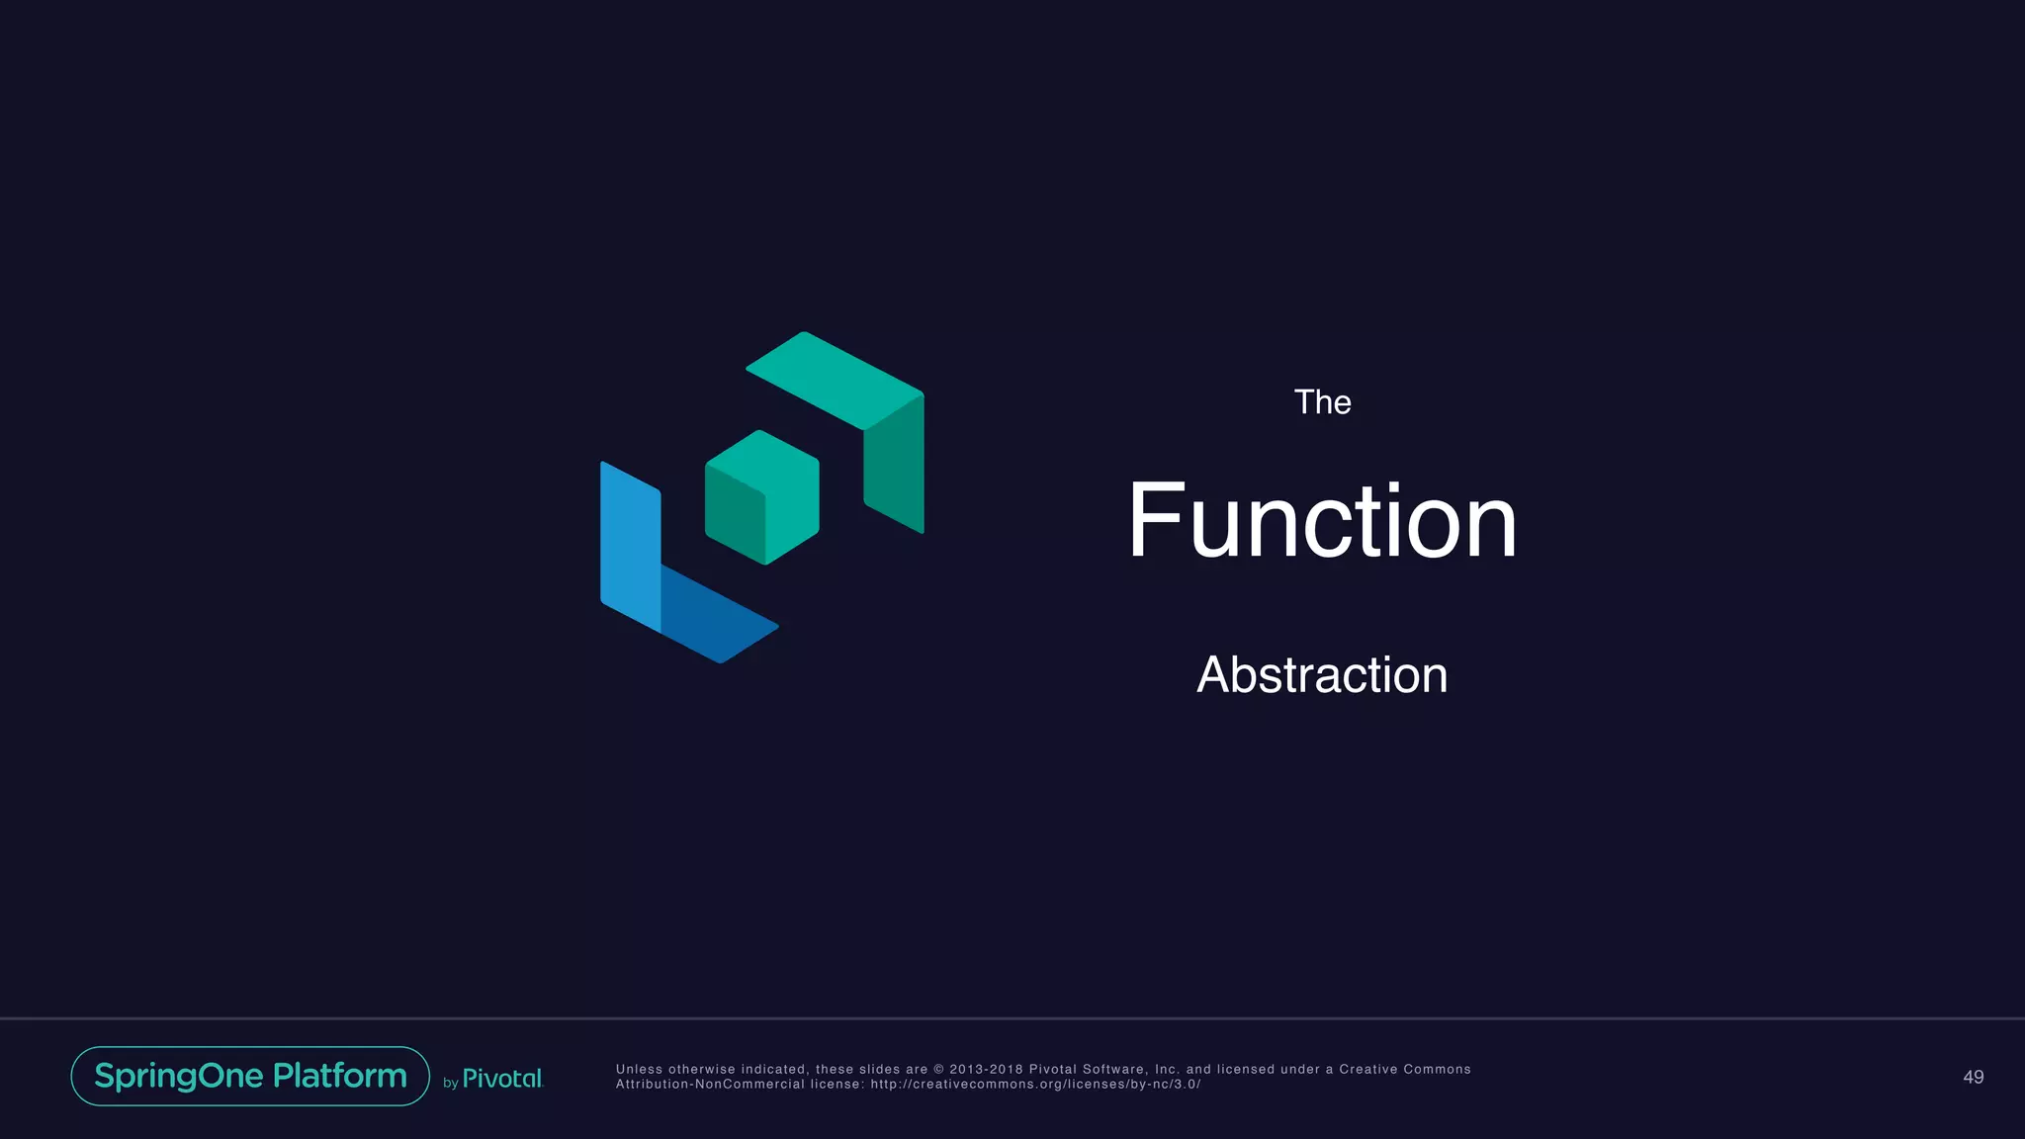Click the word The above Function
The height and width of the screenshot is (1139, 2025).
[x=1322, y=402]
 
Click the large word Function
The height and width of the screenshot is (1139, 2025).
[x=1322, y=521]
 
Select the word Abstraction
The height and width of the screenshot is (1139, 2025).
[x=1322, y=675]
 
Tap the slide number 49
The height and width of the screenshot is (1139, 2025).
[x=1973, y=1077]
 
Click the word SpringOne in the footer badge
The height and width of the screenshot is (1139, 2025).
[x=179, y=1076]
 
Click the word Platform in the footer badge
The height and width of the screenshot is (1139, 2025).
[x=339, y=1076]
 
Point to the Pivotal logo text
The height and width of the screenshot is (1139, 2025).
[x=502, y=1079]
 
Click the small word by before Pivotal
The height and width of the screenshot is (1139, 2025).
[x=450, y=1084]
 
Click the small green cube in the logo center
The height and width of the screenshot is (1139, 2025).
[x=762, y=496]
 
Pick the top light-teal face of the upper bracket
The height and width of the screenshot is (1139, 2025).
[x=834, y=380]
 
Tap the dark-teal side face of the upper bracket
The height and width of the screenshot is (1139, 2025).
[x=895, y=465]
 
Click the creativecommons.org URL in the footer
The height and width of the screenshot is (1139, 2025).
[x=1035, y=1085]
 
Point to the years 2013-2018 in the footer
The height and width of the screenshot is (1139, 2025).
[x=986, y=1069]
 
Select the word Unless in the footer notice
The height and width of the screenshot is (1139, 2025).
[x=639, y=1069]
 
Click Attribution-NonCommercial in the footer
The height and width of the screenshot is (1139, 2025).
[x=710, y=1085]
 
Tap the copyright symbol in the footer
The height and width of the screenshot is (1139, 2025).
[x=938, y=1069]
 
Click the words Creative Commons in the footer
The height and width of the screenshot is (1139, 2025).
[x=1404, y=1069]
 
